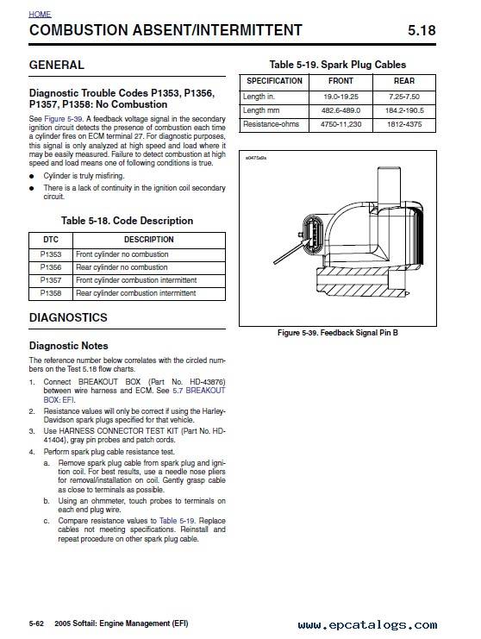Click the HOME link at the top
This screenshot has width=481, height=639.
[40, 15]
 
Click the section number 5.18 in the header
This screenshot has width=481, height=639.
[422, 30]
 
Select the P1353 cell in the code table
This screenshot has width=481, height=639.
[51, 254]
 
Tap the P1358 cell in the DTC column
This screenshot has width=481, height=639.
[51, 293]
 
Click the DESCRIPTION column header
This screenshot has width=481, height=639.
[149, 240]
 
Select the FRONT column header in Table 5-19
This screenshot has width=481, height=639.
[340, 81]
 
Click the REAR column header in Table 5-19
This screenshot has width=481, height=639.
[404, 81]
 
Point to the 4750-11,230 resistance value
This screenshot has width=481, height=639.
[340, 124]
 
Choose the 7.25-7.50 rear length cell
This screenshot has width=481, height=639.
[404, 97]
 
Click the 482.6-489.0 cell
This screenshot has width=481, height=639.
[340, 110]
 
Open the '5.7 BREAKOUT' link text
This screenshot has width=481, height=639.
[199, 391]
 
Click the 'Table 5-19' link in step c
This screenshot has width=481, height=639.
[178, 521]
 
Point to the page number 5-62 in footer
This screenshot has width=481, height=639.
[36, 623]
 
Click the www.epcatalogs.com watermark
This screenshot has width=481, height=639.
[367, 624]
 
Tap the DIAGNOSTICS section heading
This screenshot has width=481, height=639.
[68, 317]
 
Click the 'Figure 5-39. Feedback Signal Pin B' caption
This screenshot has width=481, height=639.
[338, 333]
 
